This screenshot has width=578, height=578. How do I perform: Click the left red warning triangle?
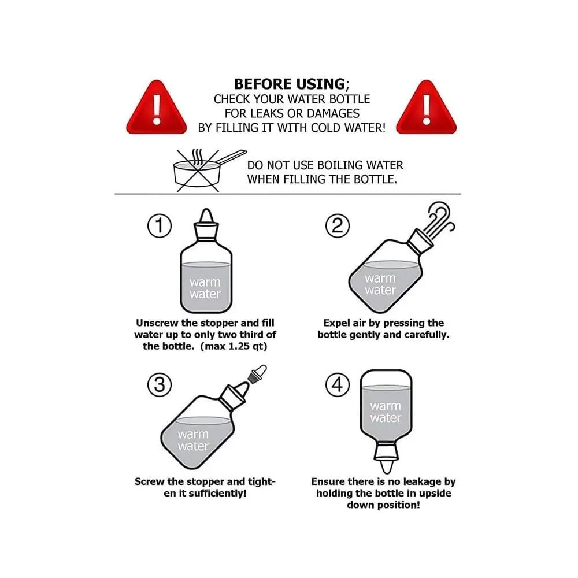click(x=157, y=109)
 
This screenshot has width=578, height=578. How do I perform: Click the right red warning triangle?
click(x=427, y=109)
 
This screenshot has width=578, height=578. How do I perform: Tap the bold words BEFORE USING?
click(x=290, y=84)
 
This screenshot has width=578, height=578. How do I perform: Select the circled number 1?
click(x=160, y=225)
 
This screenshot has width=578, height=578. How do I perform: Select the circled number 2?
click(x=338, y=225)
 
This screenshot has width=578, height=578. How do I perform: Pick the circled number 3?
click(x=160, y=385)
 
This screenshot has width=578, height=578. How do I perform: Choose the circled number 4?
click(x=338, y=385)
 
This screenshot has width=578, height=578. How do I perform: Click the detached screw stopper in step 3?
click(x=257, y=374)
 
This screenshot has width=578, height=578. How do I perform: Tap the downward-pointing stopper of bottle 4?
click(x=386, y=458)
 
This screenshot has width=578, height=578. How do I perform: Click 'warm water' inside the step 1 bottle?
click(x=205, y=288)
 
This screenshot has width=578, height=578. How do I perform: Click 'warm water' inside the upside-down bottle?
click(x=386, y=412)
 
